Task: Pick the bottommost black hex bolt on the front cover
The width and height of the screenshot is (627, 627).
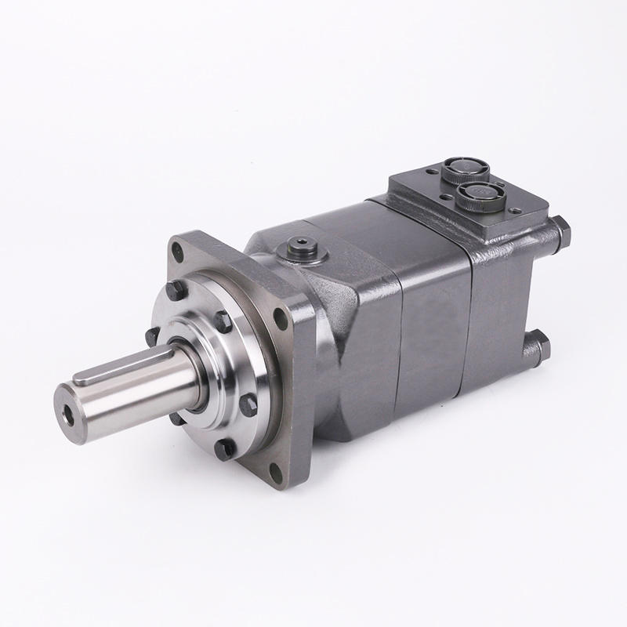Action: [227, 448]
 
